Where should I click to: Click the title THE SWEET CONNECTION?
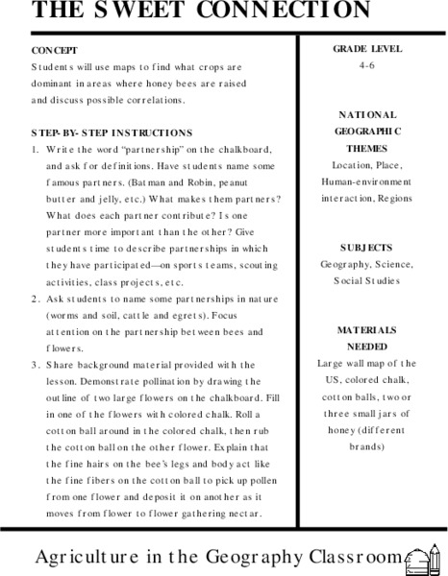[187, 11]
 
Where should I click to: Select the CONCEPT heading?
[54, 49]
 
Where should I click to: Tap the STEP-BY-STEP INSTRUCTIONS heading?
[111, 132]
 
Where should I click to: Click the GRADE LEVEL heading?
[368, 48]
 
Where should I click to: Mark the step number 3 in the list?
[35, 366]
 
